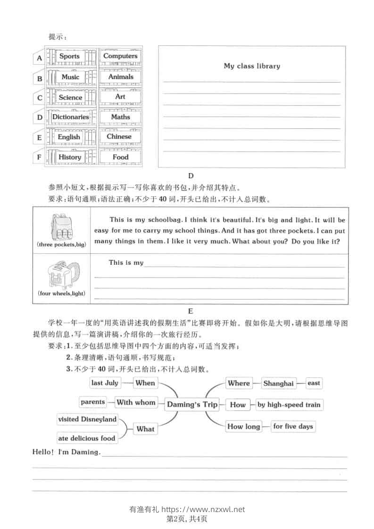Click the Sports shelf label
click(x=69, y=56)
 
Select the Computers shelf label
click(x=120, y=56)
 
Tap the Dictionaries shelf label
click(x=70, y=117)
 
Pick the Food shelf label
click(x=120, y=157)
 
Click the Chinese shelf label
click(x=119, y=136)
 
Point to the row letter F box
click(x=39, y=157)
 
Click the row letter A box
click(x=39, y=58)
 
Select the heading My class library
click(x=252, y=66)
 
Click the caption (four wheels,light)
click(x=62, y=293)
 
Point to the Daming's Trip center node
click(x=192, y=405)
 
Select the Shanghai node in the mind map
click(x=278, y=383)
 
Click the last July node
click(x=105, y=383)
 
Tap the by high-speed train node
click(x=289, y=405)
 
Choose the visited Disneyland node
click(x=87, y=419)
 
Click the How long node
click(x=243, y=426)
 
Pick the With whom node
click(x=136, y=402)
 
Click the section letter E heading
click(x=191, y=311)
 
